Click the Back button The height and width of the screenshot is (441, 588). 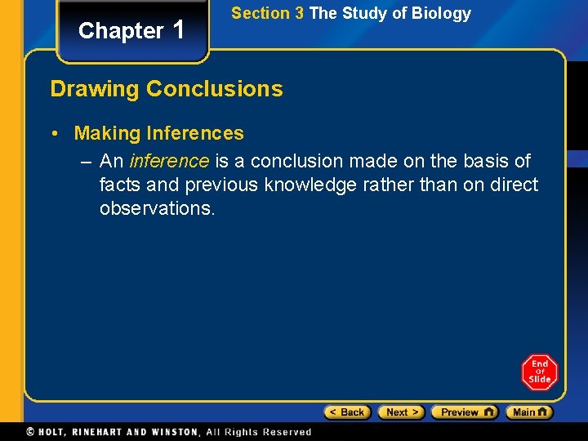(x=347, y=412)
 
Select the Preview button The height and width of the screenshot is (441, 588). (x=464, y=412)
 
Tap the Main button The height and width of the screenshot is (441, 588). (x=529, y=412)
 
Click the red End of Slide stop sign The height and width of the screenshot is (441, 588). (x=540, y=372)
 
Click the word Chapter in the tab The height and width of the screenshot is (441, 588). (x=121, y=31)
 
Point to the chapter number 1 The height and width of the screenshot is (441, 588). (x=180, y=29)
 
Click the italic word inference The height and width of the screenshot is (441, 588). (x=169, y=161)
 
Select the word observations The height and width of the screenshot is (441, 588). (x=157, y=208)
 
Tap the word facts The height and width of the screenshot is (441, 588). (x=120, y=185)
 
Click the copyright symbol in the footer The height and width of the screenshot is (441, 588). (x=30, y=432)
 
